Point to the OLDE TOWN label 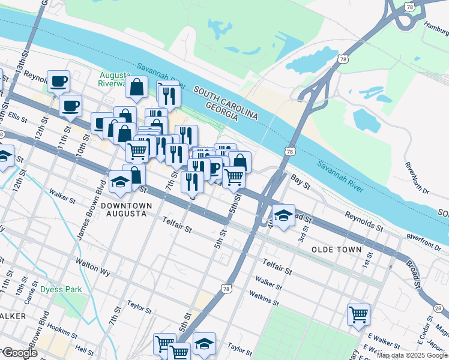tap(337, 249)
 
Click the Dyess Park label tap(61, 289)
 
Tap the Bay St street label tap(300, 182)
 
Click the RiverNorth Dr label tap(417, 177)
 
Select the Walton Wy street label tap(93, 267)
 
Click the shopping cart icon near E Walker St tap(358, 314)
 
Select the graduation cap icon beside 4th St tap(283, 215)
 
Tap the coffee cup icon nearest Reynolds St tap(58, 81)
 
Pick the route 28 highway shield tap(438, 308)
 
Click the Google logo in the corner tap(19, 353)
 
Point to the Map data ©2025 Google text tap(411, 355)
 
